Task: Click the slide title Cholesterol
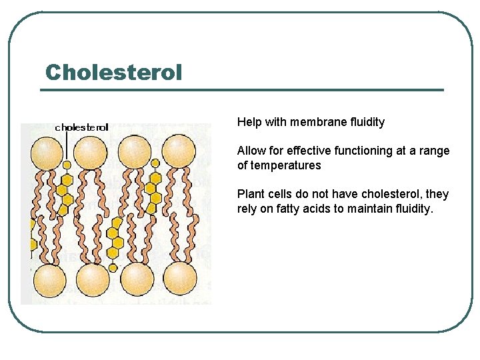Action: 113,72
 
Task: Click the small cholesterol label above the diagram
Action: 81,127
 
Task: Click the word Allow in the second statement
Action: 251,151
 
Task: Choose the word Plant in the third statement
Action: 251,194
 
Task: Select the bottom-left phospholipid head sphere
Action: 49,278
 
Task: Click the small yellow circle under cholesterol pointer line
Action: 67,165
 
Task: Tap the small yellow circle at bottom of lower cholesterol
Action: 113,267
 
